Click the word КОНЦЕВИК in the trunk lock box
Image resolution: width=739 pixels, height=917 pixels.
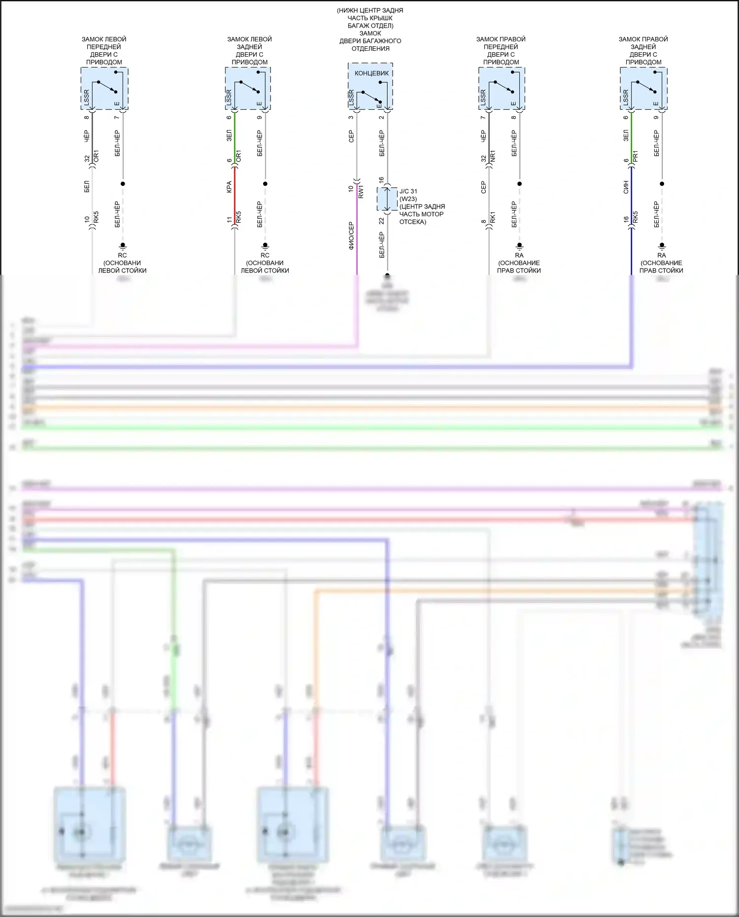click(x=371, y=73)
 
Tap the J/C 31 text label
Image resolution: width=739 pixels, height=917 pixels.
click(x=408, y=191)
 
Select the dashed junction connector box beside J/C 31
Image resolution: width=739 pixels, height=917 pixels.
click(x=387, y=199)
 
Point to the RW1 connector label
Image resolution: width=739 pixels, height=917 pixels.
click(x=361, y=191)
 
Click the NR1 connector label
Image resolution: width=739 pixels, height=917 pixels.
click(x=493, y=157)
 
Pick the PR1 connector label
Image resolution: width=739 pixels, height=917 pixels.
click(x=636, y=157)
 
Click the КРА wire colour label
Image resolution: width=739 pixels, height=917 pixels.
click(x=229, y=187)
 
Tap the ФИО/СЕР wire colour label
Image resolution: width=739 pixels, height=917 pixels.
click(x=351, y=236)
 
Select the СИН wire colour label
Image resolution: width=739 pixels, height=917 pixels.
click(x=626, y=187)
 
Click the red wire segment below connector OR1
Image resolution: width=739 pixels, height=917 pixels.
click(x=235, y=195)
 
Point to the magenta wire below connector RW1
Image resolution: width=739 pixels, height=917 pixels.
click(x=357, y=232)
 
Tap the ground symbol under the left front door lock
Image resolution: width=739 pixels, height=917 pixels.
click(x=123, y=245)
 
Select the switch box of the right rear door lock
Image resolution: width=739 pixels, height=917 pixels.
click(x=643, y=89)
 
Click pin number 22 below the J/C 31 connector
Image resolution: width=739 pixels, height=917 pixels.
click(x=381, y=221)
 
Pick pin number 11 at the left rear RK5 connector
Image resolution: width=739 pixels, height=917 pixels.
click(x=229, y=220)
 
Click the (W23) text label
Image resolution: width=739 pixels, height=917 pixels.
click(x=408, y=199)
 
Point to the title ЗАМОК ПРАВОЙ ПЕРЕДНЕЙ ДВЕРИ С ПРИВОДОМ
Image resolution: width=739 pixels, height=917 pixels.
click(x=501, y=50)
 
